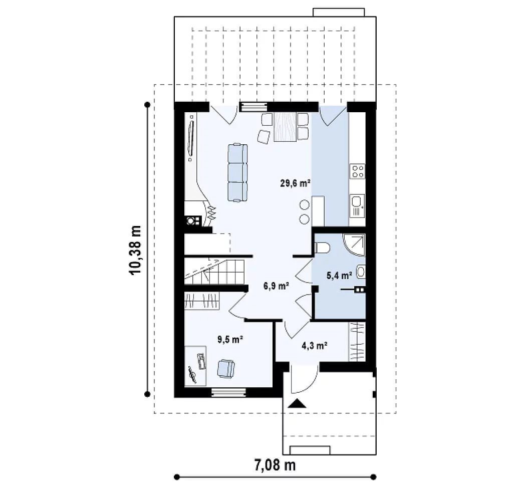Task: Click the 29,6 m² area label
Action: [x=295, y=183]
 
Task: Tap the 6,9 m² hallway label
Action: [x=276, y=286]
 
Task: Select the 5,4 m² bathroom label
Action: [x=339, y=276]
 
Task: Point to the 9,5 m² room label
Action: [x=230, y=340]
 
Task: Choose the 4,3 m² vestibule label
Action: [x=315, y=345]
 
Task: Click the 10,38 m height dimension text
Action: [x=135, y=251]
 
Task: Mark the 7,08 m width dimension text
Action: [x=275, y=465]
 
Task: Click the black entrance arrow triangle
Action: [x=297, y=403]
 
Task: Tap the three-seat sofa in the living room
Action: [x=237, y=172]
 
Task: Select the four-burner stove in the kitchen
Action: [x=357, y=171]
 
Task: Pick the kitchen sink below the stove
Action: [x=357, y=206]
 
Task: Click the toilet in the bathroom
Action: [x=322, y=248]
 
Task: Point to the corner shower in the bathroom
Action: [x=354, y=245]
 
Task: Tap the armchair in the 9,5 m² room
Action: [x=226, y=368]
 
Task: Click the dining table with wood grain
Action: [x=285, y=127]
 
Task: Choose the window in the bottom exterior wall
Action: [x=228, y=392]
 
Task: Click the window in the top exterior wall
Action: [x=253, y=107]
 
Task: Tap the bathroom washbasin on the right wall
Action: [x=361, y=272]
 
